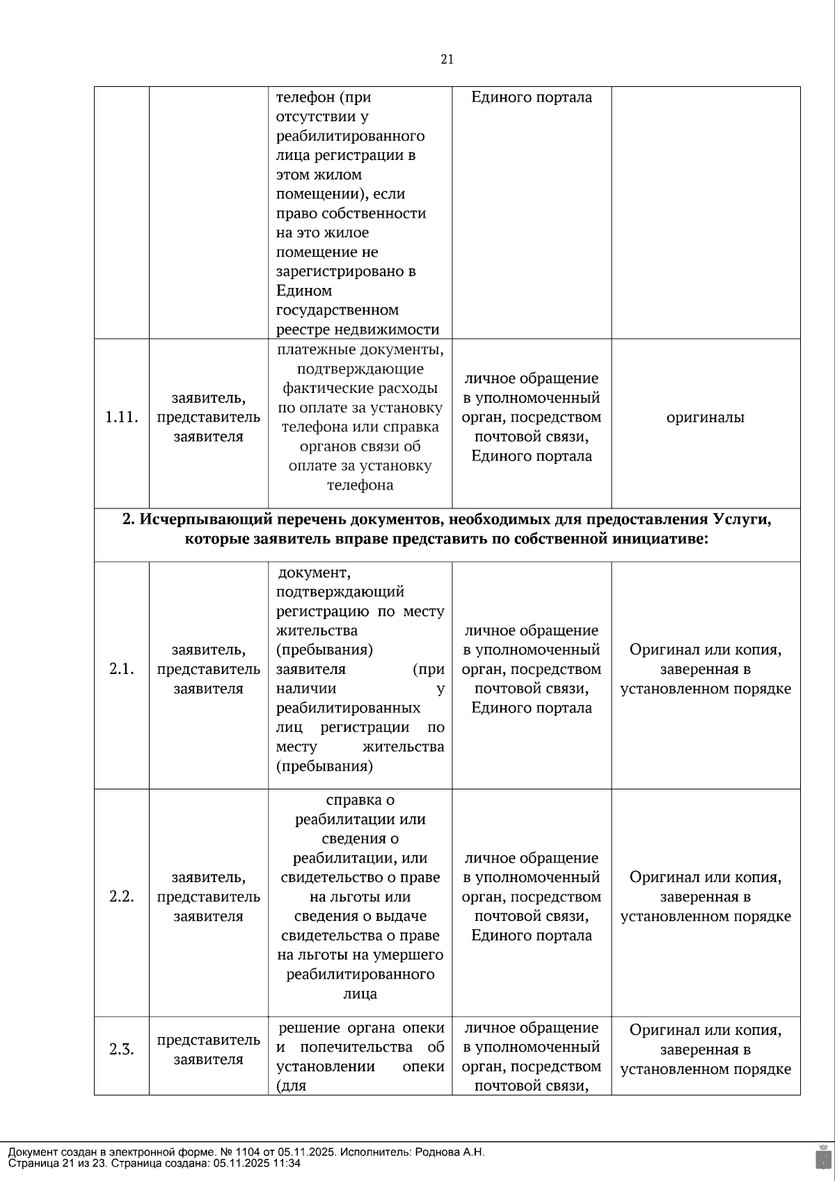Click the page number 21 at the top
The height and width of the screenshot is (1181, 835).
click(x=447, y=60)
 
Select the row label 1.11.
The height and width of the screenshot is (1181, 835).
click(x=122, y=417)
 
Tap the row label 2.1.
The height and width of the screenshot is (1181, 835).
click(x=122, y=669)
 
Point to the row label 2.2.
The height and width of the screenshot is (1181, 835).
click(x=122, y=897)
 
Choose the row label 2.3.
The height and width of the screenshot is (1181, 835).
click(x=122, y=1050)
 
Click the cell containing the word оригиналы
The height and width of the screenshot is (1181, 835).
click(x=706, y=417)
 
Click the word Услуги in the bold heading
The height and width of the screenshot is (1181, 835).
click(x=741, y=520)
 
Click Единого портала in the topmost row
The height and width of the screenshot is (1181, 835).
click(x=532, y=97)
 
